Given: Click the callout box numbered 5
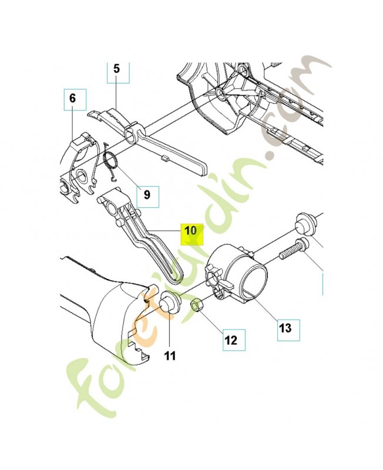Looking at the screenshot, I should pyautogui.click(x=116, y=69).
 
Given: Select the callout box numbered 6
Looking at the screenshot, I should pyautogui.click(x=72, y=99).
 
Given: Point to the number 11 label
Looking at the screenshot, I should pyautogui.click(x=169, y=355).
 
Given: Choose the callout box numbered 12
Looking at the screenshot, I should pyautogui.click(x=230, y=339).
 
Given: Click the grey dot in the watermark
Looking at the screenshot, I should pyautogui.click(x=271, y=156).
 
